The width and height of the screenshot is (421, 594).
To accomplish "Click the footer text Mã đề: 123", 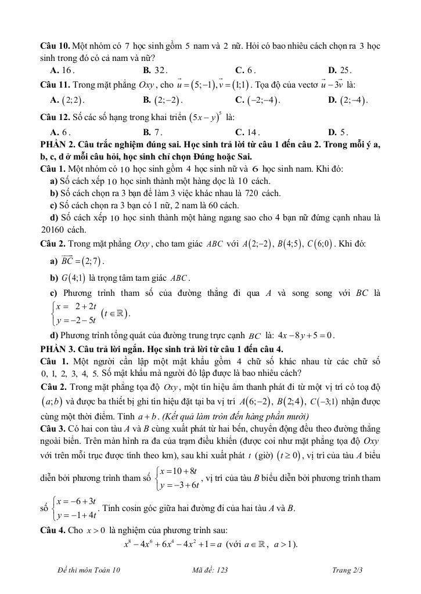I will click(210, 571).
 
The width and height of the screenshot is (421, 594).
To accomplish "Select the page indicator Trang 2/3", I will click(348, 571).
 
